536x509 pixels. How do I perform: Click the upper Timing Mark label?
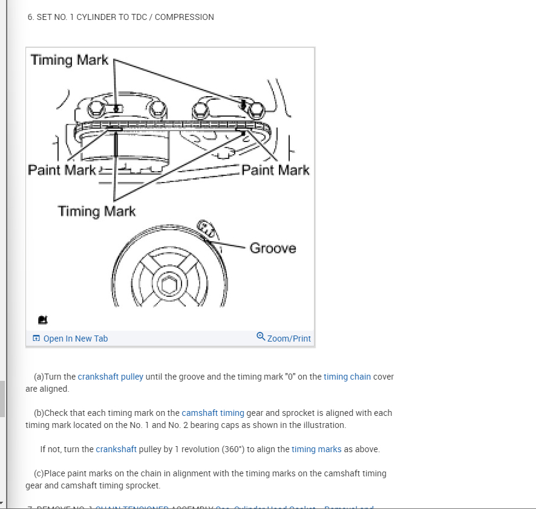[69, 60]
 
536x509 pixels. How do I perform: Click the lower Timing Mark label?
[97, 211]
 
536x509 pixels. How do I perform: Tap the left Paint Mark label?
[62, 170]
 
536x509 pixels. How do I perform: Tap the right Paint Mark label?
[275, 170]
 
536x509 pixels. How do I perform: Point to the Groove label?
[273, 248]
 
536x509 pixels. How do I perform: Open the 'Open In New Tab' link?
[75, 339]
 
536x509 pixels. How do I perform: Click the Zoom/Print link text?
[289, 339]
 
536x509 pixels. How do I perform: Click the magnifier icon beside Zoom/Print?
[261, 337]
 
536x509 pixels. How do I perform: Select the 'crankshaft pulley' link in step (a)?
[110, 377]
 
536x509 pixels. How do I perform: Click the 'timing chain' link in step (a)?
[347, 377]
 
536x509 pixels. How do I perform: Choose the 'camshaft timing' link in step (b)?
[213, 413]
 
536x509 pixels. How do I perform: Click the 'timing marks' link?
[316, 449]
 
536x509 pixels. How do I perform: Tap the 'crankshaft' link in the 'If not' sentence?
[116, 449]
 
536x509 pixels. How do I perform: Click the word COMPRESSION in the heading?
[184, 17]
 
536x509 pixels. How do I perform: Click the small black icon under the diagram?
[42, 319]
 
